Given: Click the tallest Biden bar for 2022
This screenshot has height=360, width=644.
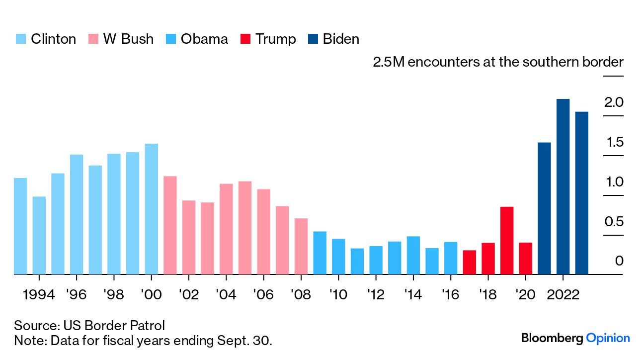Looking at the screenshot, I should click(x=563, y=186).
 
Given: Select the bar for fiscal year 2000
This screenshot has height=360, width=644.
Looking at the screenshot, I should click(x=151, y=209).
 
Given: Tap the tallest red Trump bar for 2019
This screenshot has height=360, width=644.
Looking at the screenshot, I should click(x=506, y=240).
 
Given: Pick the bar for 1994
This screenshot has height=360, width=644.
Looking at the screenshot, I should click(x=39, y=235).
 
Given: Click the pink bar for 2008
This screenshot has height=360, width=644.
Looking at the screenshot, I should click(x=301, y=246).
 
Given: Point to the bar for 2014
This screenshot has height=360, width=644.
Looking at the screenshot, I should click(x=413, y=255).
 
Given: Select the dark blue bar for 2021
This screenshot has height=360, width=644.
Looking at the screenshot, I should click(x=544, y=208).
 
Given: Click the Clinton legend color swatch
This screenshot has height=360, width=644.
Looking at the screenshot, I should click(x=20, y=39).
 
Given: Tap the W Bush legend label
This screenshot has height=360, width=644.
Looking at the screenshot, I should click(x=128, y=39).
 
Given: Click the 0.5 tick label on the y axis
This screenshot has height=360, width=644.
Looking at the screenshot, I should click(x=614, y=222).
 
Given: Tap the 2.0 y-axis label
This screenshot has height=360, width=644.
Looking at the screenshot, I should click(x=614, y=103).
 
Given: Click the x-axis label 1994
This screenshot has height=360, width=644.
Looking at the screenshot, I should click(x=39, y=295).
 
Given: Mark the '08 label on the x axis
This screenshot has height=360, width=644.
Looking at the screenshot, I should click(x=301, y=295).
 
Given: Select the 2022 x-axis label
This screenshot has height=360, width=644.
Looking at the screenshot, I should click(x=563, y=295).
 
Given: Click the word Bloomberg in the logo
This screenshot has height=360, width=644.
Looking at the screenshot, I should click(x=552, y=339).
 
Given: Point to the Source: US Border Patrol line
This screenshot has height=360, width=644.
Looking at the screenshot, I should click(x=89, y=326).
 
